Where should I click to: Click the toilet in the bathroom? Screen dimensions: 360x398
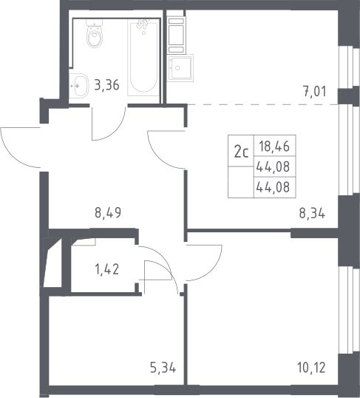pyautogui.click(x=95, y=34)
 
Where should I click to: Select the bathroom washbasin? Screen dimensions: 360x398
pyautogui.click(x=78, y=86)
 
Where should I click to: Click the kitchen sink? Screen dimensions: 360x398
pyautogui.click(x=180, y=68)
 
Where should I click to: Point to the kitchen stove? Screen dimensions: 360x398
pyautogui.click(x=176, y=35)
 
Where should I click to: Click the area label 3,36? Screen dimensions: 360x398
pyautogui.click(x=106, y=85)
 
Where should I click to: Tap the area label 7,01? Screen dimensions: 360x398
pyautogui.click(x=315, y=92)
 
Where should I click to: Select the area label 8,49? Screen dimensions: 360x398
pyautogui.click(x=108, y=213)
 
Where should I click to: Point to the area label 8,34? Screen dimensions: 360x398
pyautogui.click(x=312, y=213)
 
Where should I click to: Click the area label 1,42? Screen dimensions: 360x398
pyautogui.click(x=106, y=269)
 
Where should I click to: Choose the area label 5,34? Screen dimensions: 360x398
pyautogui.click(x=163, y=368)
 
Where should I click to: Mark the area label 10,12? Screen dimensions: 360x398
pyautogui.click(x=311, y=368)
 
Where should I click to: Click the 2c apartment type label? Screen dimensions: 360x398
pyautogui.click(x=241, y=152)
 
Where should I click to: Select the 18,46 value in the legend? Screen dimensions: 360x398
pyautogui.click(x=274, y=146)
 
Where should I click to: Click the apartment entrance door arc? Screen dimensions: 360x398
pyautogui.click(x=13, y=155)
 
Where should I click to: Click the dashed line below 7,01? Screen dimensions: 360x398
pyautogui.click(x=262, y=104)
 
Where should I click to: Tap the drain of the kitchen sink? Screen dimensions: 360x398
pyautogui.click(x=177, y=68)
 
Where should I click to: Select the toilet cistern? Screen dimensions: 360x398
pyautogui.click(x=95, y=23)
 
